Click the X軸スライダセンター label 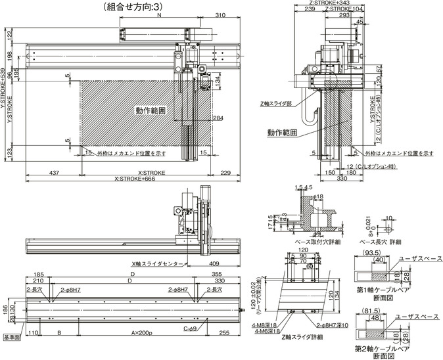[158, 263]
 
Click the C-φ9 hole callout [191, 328]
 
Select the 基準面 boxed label [12, 338]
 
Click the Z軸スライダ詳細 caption [302, 336]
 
